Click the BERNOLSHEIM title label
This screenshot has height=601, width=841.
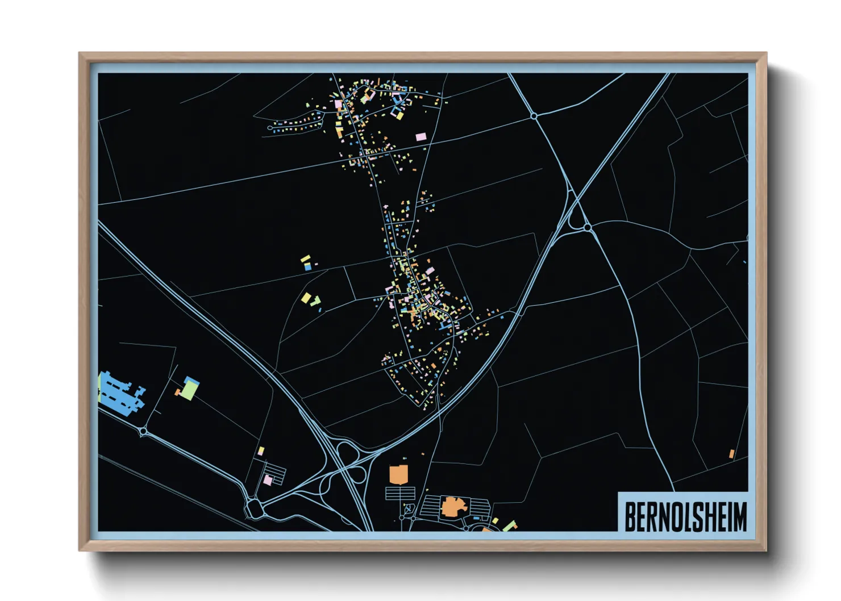point(685,516)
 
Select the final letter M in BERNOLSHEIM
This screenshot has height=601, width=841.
point(741,516)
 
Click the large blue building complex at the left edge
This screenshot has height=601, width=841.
point(118,392)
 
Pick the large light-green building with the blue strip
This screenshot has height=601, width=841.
point(190,389)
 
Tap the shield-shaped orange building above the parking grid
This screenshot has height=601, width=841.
point(398,474)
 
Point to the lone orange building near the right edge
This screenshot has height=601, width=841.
point(732,454)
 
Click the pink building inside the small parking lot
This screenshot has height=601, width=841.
point(268,480)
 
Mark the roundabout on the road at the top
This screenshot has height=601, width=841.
point(534,116)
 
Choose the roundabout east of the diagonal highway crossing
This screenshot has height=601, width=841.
point(588,227)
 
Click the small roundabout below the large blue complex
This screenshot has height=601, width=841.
point(143,432)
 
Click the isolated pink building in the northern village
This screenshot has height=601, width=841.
point(420,137)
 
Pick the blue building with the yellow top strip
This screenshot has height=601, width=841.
point(307,265)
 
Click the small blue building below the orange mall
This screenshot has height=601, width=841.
point(476,519)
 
